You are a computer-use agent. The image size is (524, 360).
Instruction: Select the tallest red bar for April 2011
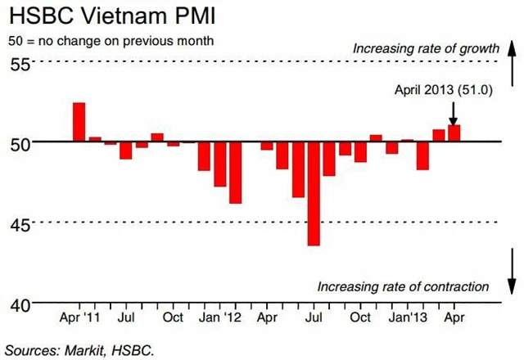pyautogui.click(x=79, y=122)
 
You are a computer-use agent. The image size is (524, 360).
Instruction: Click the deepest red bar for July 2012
pyautogui.click(x=314, y=193)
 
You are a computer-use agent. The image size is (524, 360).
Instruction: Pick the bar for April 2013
pyautogui.click(x=454, y=133)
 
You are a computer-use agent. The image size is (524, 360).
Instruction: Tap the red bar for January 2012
pyautogui.click(x=235, y=172)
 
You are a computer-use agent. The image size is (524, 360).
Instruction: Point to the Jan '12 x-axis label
pyautogui.click(x=220, y=317)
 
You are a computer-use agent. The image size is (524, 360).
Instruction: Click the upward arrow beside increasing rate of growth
pyautogui.click(x=509, y=59)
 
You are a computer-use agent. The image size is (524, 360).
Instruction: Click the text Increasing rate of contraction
pyautogui.click(x=403, y=286)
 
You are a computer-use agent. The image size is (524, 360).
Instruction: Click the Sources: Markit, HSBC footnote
pyautogui.click(x=79, y=349)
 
